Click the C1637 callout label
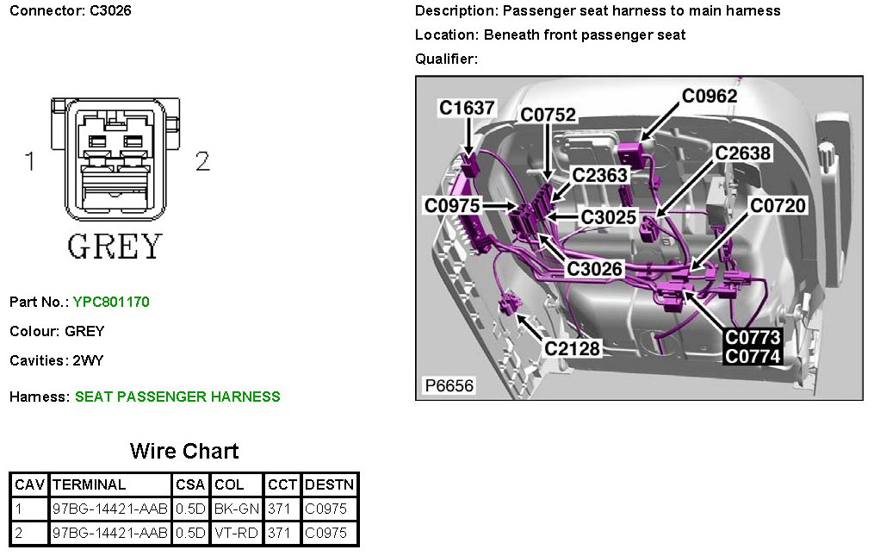467,108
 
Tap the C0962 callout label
710,96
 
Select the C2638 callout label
743,153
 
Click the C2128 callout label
573,348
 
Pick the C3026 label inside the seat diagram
594,269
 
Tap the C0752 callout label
549,116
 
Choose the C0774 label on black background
753,356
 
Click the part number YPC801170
111,302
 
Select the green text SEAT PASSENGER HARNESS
177,397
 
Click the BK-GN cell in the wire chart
237,509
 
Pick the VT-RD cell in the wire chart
237,533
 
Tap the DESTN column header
329,484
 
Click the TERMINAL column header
89,484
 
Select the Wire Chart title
184,451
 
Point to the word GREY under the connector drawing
115,247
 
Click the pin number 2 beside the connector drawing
202,161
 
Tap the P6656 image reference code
449,385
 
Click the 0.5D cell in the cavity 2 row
190,533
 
